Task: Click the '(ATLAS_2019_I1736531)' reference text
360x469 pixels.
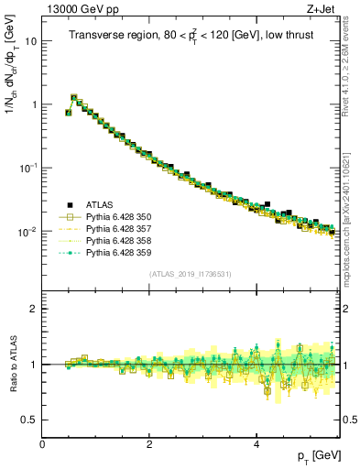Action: click(190, 274)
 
